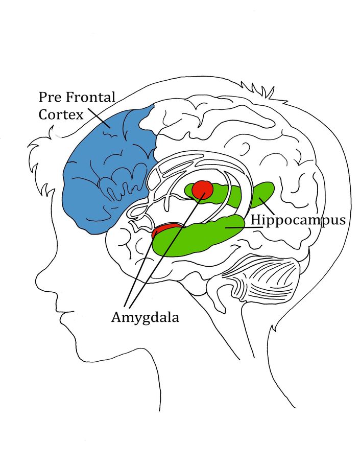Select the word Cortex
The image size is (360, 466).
click(x=61, y=114)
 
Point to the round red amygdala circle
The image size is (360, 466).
click(x=203, y=190)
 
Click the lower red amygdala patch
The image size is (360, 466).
click(x=165, y=230)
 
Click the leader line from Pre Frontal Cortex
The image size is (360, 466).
click(x=99, y=118)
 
